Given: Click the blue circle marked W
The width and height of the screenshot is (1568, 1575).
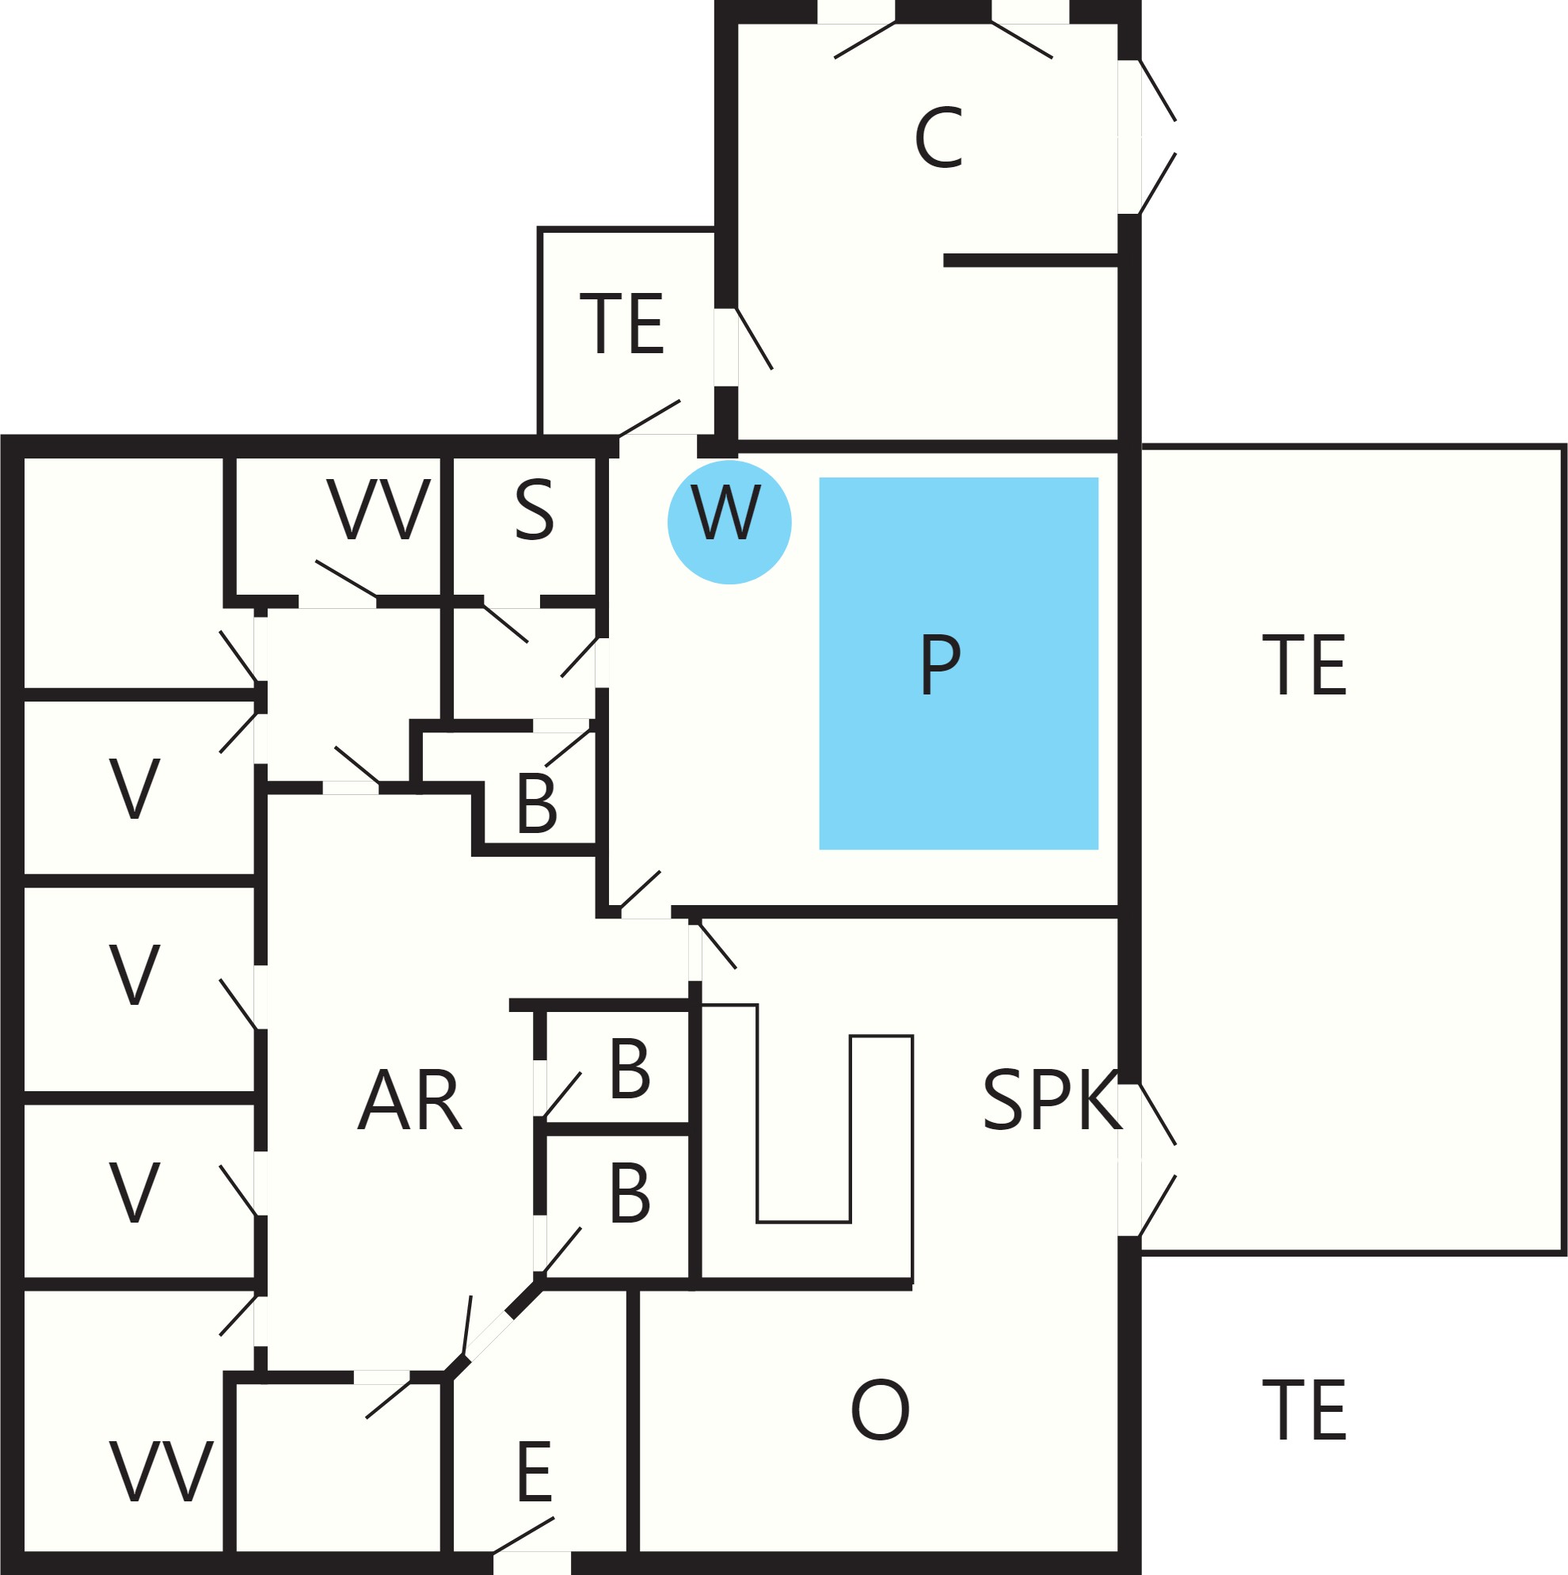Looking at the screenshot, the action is [x=729, y=523].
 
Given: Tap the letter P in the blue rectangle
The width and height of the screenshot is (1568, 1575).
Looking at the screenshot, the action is [x=940, y=664].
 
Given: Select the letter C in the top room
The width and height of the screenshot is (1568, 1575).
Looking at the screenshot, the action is [x=938, y=139].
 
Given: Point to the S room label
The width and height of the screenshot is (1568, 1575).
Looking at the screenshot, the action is [x=534, y=510].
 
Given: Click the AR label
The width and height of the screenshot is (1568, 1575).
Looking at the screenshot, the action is [x=409, y=1100].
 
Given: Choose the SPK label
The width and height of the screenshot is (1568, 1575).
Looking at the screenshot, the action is [x=1052, y=1100].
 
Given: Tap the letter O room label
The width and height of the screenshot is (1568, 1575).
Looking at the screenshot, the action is [x=880, y=1410].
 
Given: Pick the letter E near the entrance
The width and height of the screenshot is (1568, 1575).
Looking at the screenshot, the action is [x=534, y=1472].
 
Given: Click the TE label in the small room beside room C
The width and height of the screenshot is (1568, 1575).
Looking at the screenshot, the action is [x=622, y=324].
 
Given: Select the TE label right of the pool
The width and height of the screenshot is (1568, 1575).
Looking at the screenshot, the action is [x=1303, y=665].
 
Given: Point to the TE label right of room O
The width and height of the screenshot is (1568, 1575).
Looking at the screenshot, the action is [x=1303, y=1410].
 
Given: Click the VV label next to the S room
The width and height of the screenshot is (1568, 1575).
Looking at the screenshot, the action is [x=378, y=509].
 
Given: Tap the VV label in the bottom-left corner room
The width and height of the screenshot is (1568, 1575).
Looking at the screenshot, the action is [x=161, y=1472].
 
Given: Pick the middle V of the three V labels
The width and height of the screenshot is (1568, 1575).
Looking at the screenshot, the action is [x=135, y=975].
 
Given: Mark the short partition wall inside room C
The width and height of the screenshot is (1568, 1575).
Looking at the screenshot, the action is [x=1030, y=261].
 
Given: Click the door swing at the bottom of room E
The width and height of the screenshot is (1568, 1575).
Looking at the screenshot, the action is [x=524, y=1535].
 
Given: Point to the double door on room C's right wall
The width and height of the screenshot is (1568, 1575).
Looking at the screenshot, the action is [x=1147, y=137].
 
